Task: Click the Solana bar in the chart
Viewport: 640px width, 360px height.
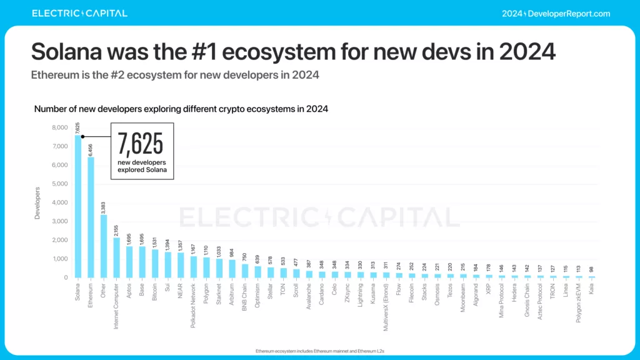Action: click(x=78, y=206)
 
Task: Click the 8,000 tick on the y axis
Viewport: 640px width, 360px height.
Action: click(x=60, y=127)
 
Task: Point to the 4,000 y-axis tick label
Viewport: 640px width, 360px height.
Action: click(x=60, y=202)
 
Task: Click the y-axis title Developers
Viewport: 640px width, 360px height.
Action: click(x=38, y=202)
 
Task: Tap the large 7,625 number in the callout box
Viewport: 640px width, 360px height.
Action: click(x=141, y=144)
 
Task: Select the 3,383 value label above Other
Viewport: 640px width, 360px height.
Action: click(x=104, y=206)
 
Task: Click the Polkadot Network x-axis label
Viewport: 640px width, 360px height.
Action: click(x=194, y=305)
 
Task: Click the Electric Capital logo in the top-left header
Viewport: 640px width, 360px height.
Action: click(x=79, y=13)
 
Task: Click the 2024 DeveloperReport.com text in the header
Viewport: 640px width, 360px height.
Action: click(x=556, y=13)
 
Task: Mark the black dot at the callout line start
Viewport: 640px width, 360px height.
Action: click(x=82, y=136)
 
